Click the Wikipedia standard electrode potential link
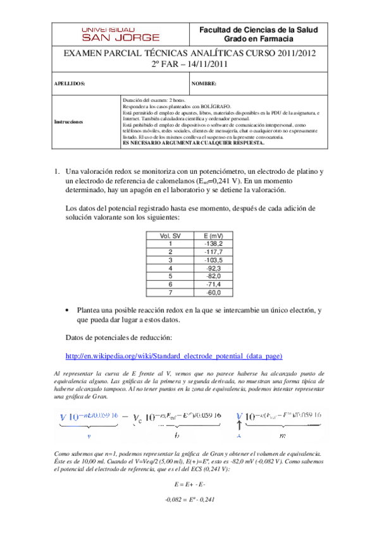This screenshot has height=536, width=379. coord(174,356)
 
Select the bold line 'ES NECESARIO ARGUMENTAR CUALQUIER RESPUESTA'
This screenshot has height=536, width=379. coord(193,143)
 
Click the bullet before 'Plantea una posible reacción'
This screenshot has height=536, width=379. coord(68,311)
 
